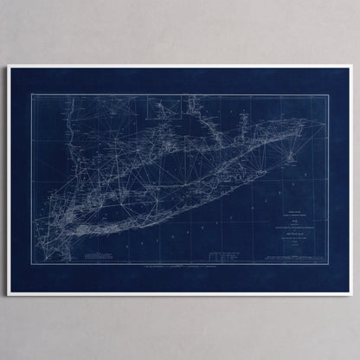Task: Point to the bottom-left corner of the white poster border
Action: (8, 295)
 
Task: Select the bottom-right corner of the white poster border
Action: (352, 295)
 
